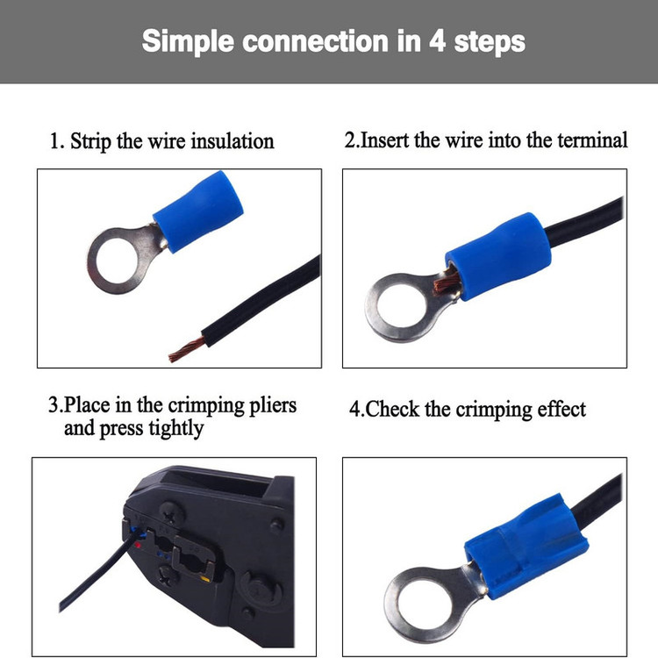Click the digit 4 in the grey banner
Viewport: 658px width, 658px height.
437,41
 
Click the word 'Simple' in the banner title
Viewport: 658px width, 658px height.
188,42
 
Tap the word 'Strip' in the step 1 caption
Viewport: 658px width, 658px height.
90,142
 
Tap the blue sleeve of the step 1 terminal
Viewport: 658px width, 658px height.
198,211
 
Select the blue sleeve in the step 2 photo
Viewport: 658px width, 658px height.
498,256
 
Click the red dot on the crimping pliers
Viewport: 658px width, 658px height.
137,545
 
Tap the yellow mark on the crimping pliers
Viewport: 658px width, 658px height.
204,580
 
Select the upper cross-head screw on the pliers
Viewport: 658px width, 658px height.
172,513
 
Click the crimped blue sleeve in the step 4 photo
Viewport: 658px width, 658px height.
526,545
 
